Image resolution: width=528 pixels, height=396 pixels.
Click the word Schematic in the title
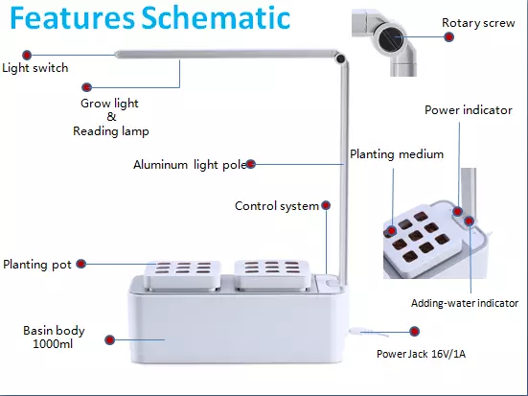click(216, 17)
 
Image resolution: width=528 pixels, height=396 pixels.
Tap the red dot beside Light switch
click(27, 55)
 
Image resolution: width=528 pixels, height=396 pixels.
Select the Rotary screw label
click(478, 23)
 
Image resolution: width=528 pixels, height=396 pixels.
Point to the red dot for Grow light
click(87, 87)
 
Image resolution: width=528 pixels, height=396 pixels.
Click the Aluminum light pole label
click(190, 165)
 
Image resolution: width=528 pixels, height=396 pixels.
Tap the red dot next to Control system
click(326, 205)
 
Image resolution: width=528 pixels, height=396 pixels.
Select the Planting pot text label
click(37, 265)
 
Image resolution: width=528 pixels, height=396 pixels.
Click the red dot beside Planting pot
click(80, 264)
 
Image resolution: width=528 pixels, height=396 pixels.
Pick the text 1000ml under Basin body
click(53, 344)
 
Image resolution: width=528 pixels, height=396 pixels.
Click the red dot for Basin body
click(110, 339)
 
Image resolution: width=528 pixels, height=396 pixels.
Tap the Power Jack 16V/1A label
click(421, 354)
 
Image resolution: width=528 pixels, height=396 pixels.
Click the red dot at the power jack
click(415, 332)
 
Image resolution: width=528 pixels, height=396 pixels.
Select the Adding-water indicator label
click(465, 303)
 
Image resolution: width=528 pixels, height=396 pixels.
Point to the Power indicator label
click(469, 110)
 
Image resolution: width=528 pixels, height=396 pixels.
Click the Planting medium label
click(397, 154)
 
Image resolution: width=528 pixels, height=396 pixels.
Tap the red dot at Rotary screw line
click(448, 36)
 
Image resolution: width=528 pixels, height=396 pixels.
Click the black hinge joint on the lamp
click(340, 59)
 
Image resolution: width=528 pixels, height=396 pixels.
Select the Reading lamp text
click(111, 131)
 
